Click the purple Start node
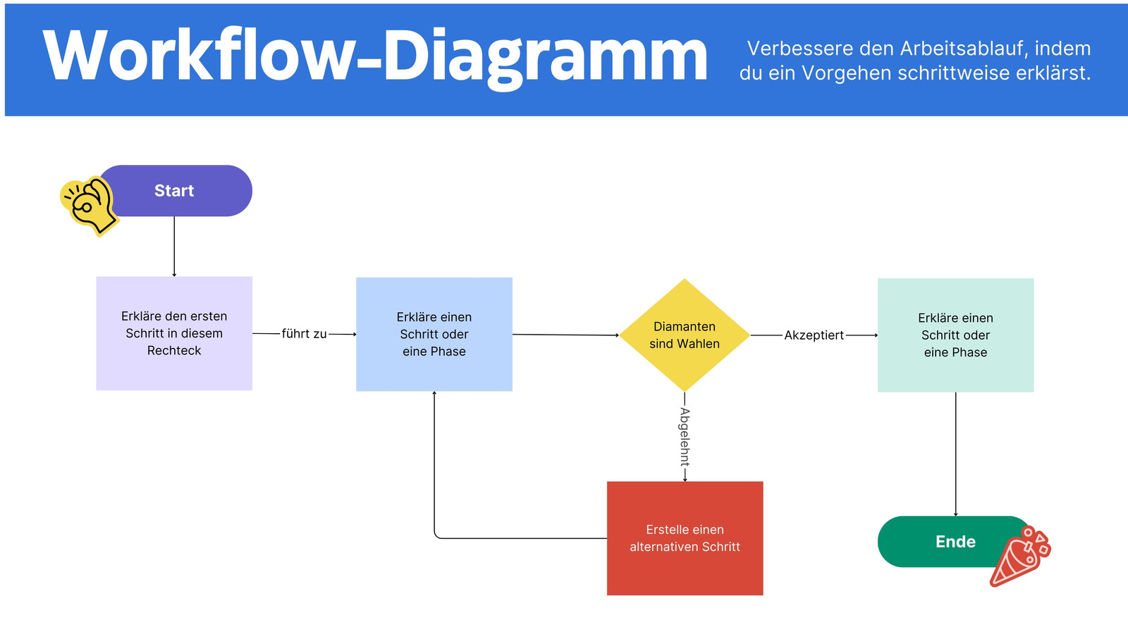pyautogui.click(x=176, y=191)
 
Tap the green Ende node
pyautogui.click(x=952, y=542)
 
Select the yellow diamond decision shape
pyautogui.click(x=685, y=335)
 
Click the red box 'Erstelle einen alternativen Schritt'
pyautogui.click(x=685, y=538)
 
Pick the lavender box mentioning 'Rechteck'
pyautogui.click(x=174, y=334)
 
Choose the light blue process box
pyautogui.click(x=434, y=334)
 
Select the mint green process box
pyautogui.click(x=956, y=335)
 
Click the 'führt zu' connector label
pyautogui.click(x=304, y=334)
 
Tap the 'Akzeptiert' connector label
pyautogui.click(x=814, y=335)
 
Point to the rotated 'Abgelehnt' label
pyautogui.click(x=685, y=437)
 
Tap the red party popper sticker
pyautogui.click(x=1020, y=556)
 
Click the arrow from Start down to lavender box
pyautogui.click(x=174, y=247)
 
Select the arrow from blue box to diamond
pyautogui.click(x=566, y=335)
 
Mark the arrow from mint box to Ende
pyautogui.click(x=956, y=454)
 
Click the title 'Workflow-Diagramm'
pyautogui.click(x=375, y=56)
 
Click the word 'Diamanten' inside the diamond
pyautogui.click(x=685, y=327)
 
